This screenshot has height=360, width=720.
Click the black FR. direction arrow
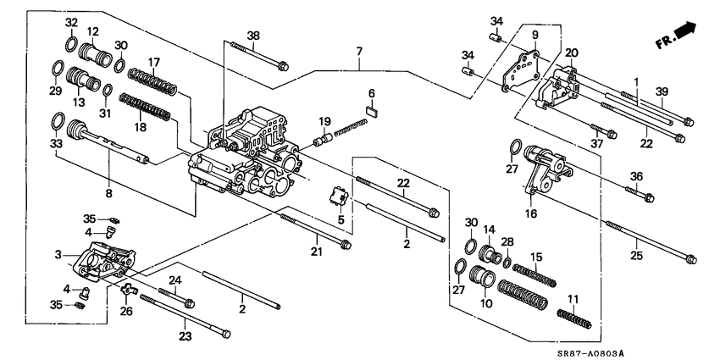tap(685, 32)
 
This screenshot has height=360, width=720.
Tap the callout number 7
tap(359, 53)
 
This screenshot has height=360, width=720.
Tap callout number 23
tap(186, 336)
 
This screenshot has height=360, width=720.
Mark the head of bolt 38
tap(283, 64)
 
